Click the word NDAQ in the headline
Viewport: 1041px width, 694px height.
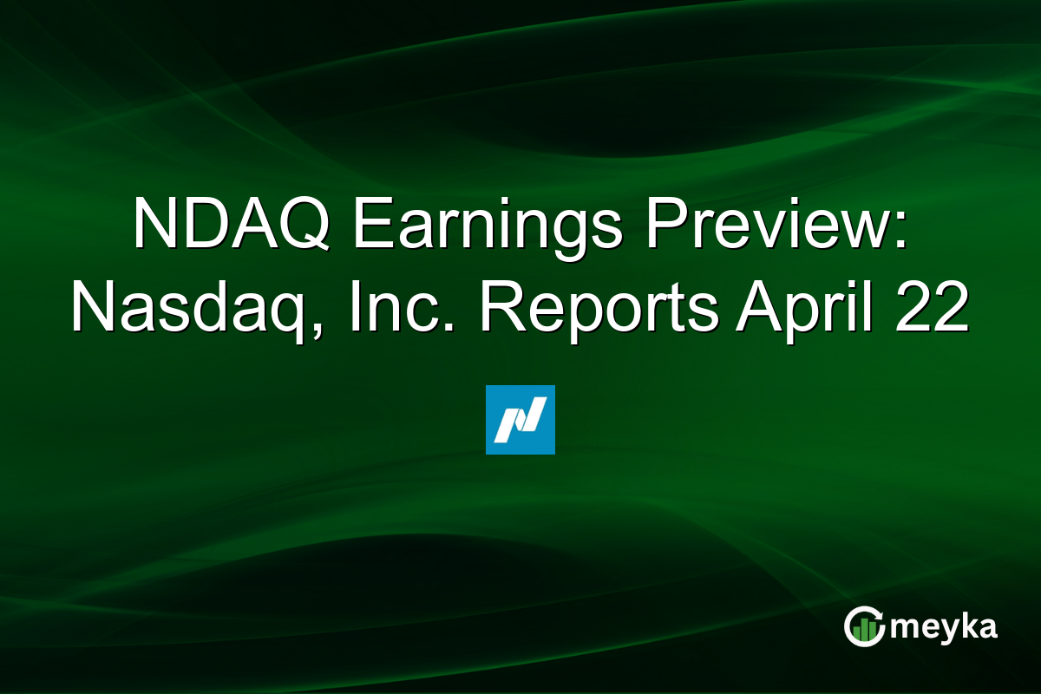coord(231,223)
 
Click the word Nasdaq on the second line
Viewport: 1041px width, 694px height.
coord(188,309)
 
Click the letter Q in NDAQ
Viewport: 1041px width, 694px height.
coord(302,224)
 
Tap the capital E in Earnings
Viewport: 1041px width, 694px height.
coord(374,223)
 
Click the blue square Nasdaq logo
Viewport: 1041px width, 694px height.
coord(520,420)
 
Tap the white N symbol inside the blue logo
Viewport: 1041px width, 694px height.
coord(520,420)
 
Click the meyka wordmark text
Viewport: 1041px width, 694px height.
coord(944,628)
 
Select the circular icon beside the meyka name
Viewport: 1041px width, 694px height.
coord(863,626)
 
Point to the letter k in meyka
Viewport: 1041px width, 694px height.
coord(967,625)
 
